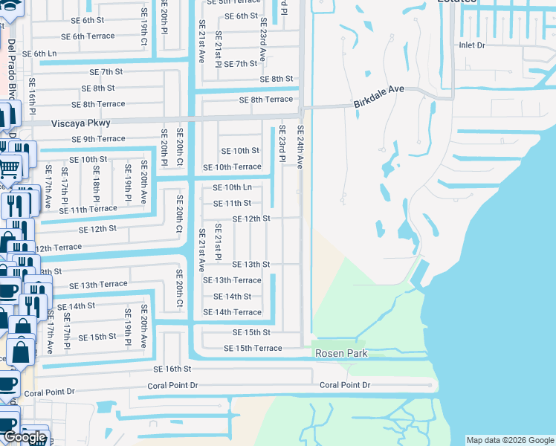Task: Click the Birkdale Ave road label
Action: click(378, 97)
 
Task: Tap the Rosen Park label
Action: click(341, 354)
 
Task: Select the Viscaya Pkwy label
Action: click(81, 123)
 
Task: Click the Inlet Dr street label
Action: click(471, 45)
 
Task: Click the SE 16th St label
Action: click(172, 369)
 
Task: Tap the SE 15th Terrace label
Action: click(253, 348)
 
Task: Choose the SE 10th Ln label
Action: click(232, 187)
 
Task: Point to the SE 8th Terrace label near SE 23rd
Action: click(266, 100)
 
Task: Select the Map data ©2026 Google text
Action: click(510, 440)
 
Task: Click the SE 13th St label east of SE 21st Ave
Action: click(250, 265)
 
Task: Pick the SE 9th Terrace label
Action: click(98, 139)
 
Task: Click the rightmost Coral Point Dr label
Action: click(345, 385)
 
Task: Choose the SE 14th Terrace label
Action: click(237, 312)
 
